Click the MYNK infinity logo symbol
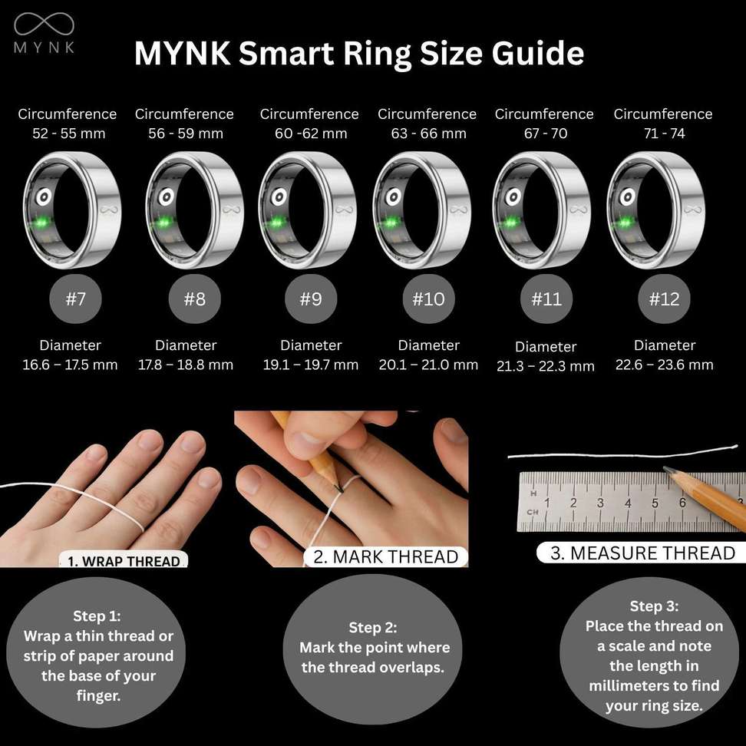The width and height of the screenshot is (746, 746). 44,25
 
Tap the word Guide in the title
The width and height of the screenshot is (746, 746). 537,53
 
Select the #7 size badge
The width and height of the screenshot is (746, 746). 76,299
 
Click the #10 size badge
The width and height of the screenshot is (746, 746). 429,299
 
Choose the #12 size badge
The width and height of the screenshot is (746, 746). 664,299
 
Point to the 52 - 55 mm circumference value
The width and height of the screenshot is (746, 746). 69,134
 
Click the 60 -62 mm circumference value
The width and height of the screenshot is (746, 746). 311,134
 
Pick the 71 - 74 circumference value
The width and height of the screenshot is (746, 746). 664,134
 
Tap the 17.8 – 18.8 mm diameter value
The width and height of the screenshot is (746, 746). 186,365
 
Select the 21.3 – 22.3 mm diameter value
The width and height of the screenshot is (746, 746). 546,366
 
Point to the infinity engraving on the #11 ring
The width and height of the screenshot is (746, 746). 579,210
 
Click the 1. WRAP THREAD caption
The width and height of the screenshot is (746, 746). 124,561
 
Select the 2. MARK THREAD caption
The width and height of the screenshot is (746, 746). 385,556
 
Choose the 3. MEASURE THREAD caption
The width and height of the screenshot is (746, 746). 642,553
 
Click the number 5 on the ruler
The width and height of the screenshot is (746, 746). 655,503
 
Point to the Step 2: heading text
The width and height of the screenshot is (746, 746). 372,628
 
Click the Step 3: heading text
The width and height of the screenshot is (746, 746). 654,606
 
